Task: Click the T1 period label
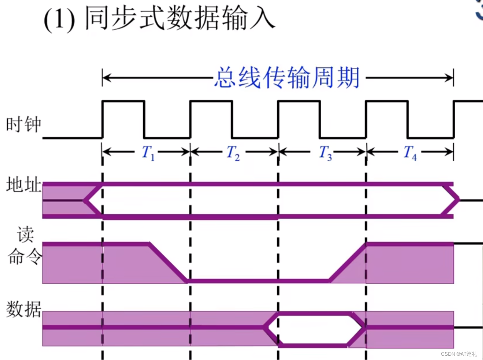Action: click(x=148, y=153)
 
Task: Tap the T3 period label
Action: click(x=325, y=153)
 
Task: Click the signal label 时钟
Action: click(x=23, y=125)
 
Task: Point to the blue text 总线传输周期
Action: click(x=287, y=78)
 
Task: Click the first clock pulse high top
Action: click(x=123, y=101)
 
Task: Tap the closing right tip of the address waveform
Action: click(x=458, y=200)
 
